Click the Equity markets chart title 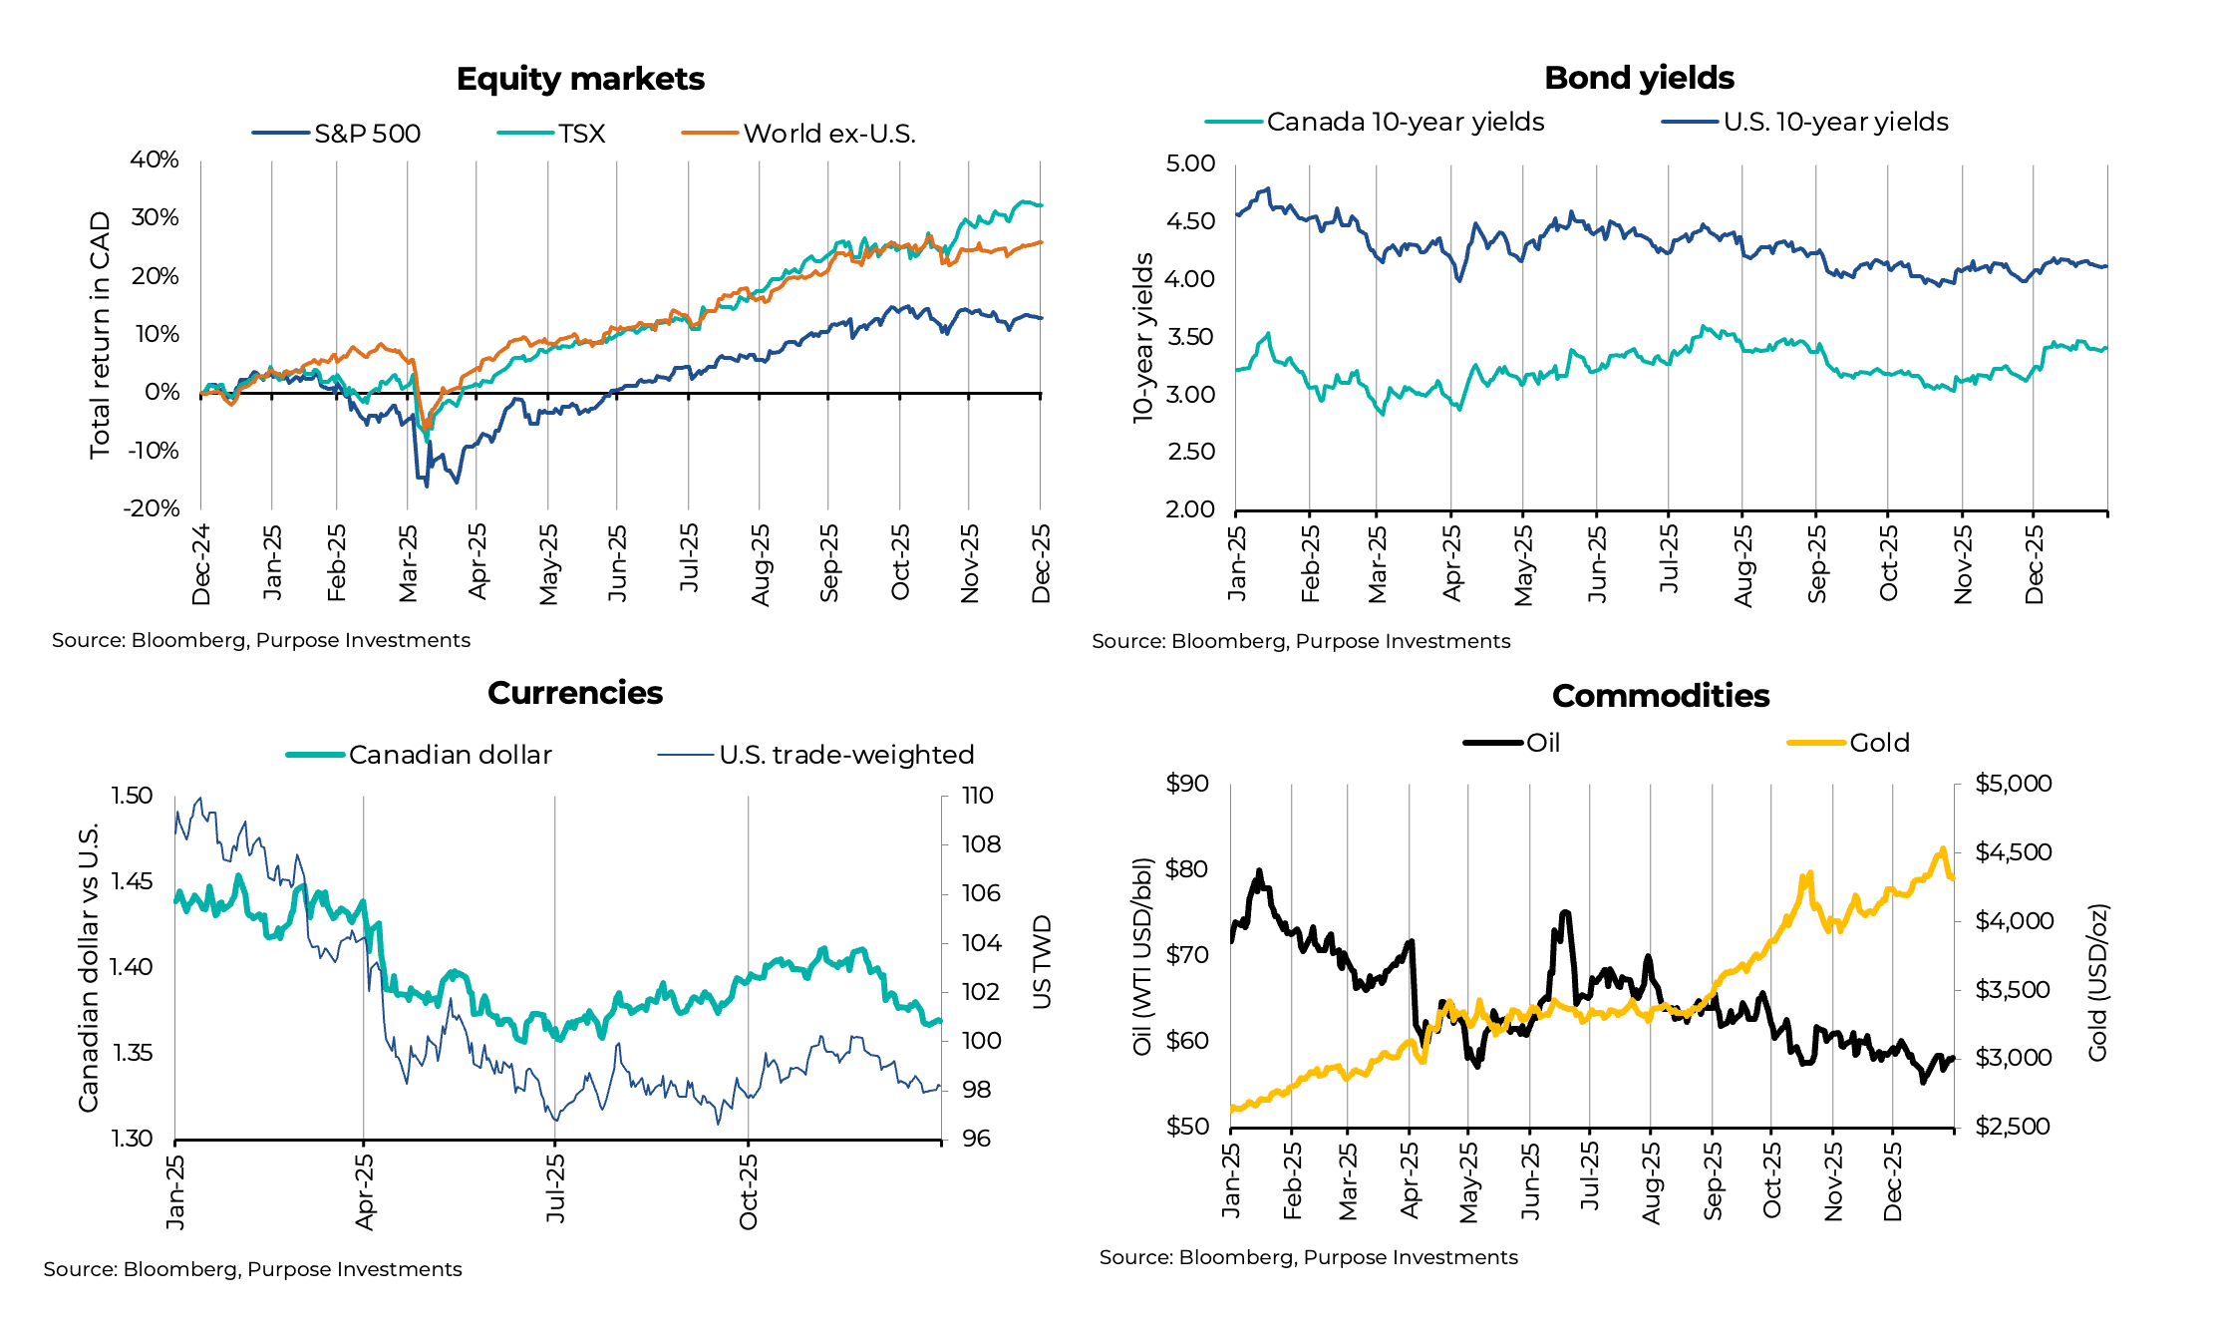580,79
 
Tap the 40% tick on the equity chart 155,160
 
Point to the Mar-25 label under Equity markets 408,563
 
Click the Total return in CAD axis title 100,335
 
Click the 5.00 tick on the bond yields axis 1190,164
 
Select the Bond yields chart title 1639,78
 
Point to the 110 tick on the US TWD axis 977,796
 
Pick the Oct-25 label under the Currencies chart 749,1191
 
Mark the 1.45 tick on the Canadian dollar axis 132,881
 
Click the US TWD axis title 1042,962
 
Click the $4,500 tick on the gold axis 2014,852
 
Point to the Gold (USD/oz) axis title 2097,982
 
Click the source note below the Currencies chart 252,1269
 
